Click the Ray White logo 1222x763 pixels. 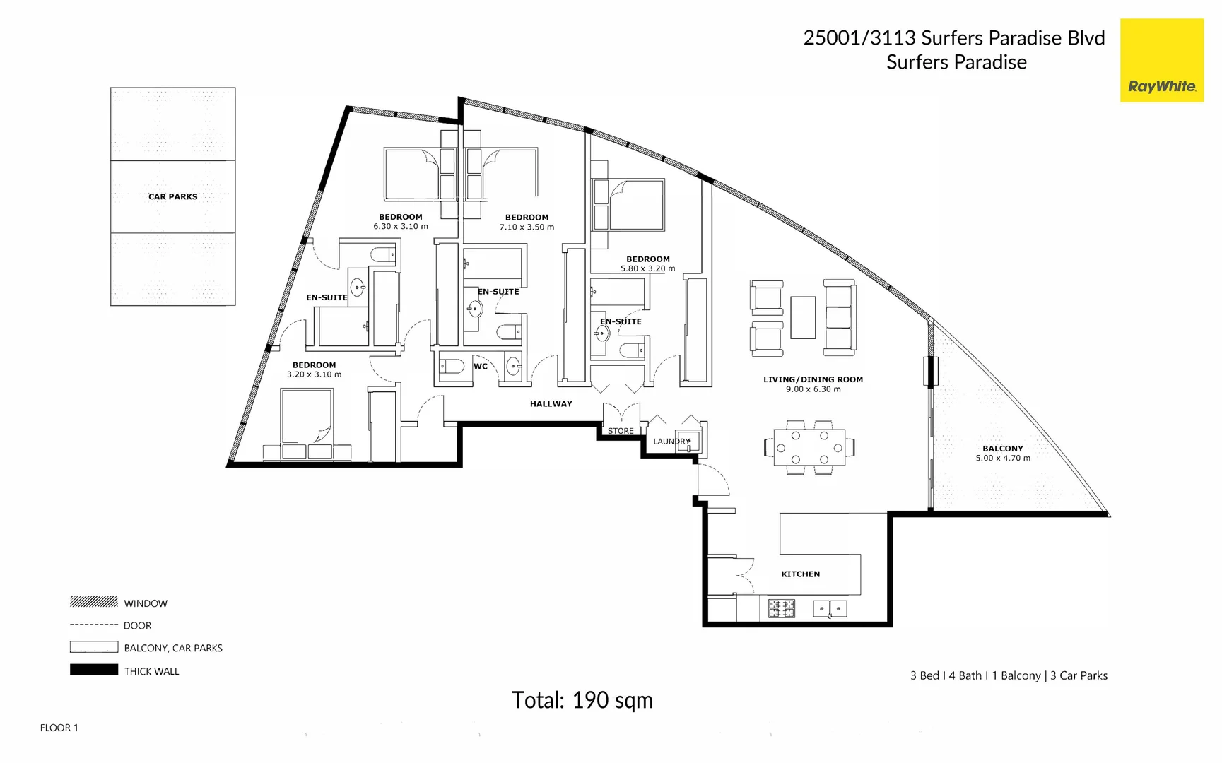1161,61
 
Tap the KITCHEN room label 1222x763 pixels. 800,574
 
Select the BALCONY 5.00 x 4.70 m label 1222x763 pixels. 1002,454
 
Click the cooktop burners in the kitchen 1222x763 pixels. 782,608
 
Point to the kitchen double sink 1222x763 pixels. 830,608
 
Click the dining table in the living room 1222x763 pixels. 809,447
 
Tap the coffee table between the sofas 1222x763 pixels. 803,317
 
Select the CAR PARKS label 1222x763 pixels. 172,196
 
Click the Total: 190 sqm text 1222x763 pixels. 582,700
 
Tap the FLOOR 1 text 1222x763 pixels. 59,728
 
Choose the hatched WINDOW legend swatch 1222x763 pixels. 93,602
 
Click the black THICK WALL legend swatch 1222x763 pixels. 93,670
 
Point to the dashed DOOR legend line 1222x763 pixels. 93,625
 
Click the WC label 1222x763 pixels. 481,366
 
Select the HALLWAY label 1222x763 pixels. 551,404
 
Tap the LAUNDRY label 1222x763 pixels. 671,442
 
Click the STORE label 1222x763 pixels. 621,431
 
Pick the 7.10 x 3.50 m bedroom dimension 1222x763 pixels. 527,227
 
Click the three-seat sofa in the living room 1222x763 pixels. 840,317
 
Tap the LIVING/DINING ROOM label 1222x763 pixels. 813,379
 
